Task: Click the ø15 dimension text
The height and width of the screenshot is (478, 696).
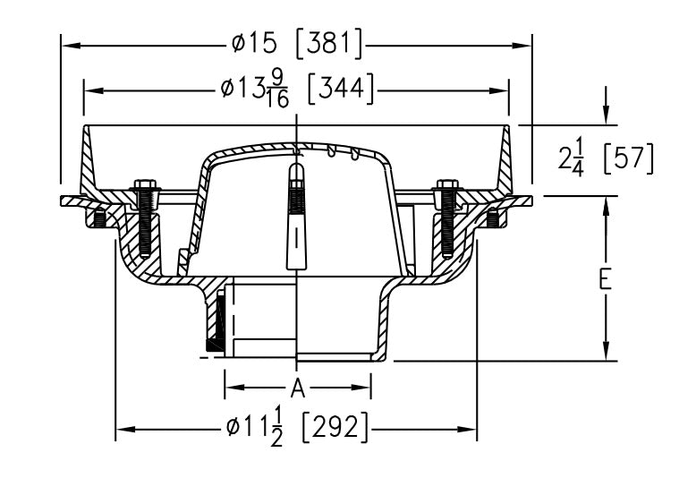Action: point(258,41)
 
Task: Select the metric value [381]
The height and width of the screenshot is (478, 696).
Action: point(329,41)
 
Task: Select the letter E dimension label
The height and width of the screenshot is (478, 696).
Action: point(606,280)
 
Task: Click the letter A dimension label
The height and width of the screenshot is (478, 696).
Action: point(299,387)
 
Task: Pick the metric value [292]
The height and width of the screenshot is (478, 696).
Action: point(335,429)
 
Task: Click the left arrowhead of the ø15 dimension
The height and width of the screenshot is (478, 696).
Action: point(68,41)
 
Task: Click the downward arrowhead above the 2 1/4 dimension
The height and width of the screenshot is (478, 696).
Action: point(607,117)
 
